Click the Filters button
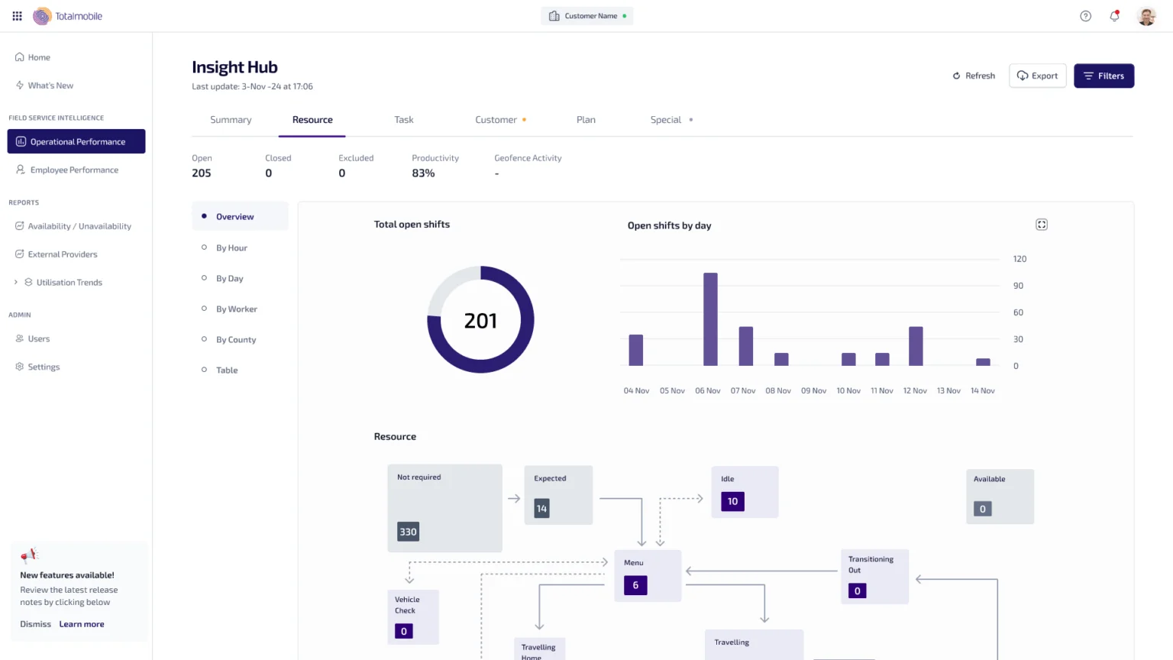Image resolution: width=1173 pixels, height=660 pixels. [x=1104, y=76]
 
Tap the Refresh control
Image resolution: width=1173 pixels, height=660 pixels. [x=974, y=76]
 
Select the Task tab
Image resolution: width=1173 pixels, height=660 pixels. [x=404, y=119]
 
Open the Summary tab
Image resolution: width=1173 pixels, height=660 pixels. [x=231, y=119]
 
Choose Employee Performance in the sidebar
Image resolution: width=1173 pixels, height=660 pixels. [x=74, y=170]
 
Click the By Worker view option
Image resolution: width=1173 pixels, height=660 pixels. [x=236, y=309]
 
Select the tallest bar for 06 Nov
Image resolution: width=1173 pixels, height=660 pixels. [x=710, y=319]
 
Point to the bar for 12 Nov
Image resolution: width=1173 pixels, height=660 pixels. [x=916, y=346]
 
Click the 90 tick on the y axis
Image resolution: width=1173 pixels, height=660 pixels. [x=1018, y=286]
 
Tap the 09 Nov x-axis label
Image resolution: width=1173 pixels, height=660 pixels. [x=813, y=391]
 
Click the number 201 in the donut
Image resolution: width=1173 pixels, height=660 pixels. [x=480, y=321]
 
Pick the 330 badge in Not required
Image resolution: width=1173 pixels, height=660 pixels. [x=408, y=532]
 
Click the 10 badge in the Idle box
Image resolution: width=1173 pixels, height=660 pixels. [x=732, y=501]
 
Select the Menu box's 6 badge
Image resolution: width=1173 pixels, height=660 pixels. [x=635, y=585]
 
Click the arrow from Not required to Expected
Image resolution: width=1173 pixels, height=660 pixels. [x=514, y=498]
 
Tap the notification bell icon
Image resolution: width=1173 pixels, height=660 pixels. [x=1114, y=16]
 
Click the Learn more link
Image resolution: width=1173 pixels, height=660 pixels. [x=82, y=624]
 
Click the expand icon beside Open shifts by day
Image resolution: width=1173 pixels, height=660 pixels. [x=1042, y=225]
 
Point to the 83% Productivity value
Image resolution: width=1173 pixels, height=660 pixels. [x=423, y=173]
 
